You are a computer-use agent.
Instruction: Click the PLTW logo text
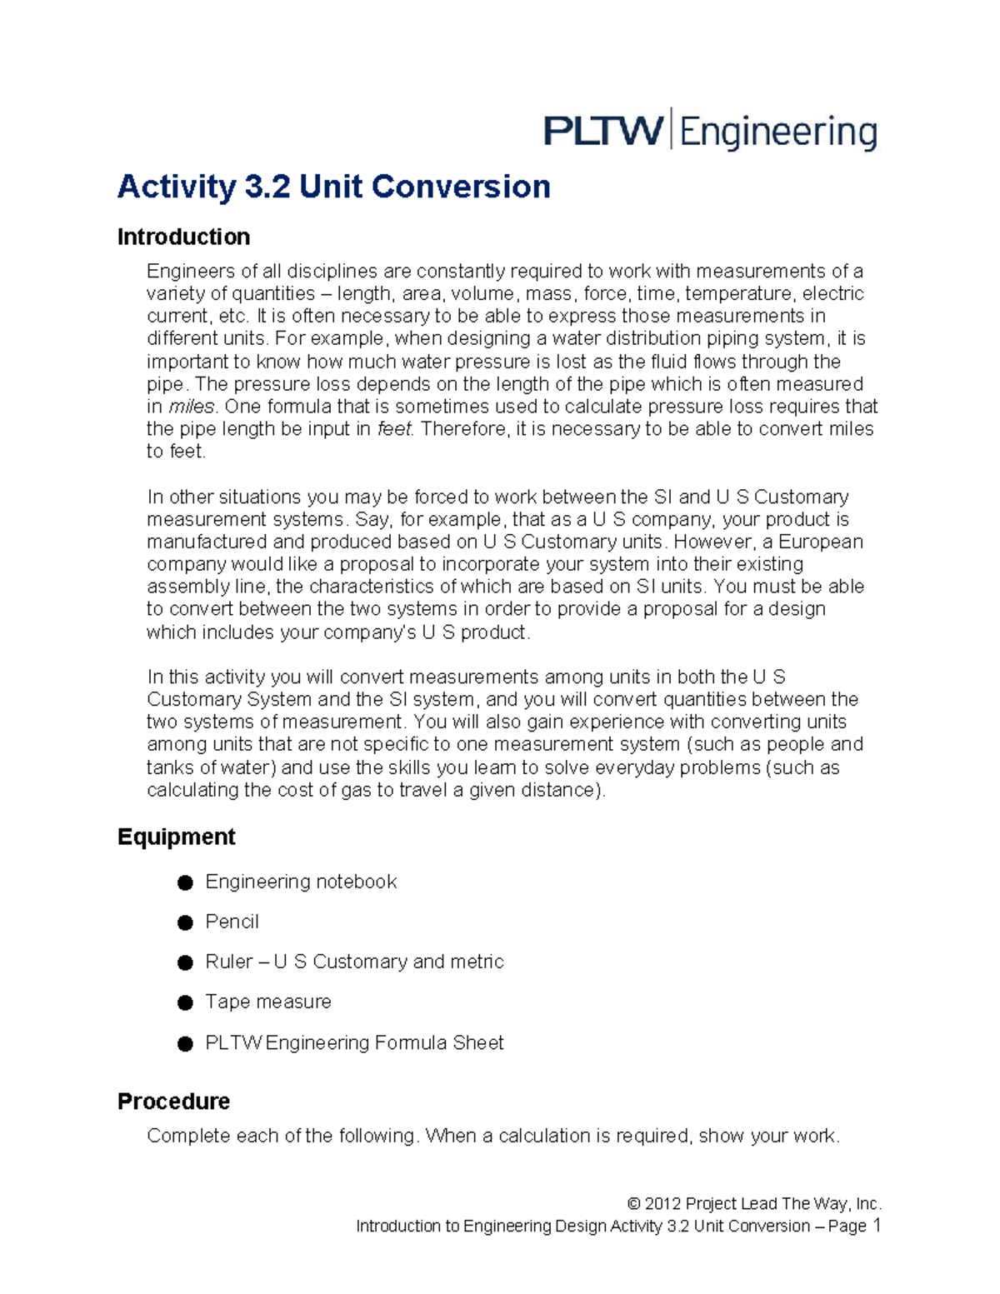(603, 132)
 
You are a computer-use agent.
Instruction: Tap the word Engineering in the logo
(778, 133)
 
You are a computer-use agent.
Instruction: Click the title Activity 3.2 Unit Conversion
(333, 187)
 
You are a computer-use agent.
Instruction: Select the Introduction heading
(183, 237)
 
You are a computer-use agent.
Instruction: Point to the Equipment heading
(176, 837)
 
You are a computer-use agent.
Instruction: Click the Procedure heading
(173, 1102)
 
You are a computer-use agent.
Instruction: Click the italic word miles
(192, 407)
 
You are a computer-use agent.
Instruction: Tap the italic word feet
(394, 429)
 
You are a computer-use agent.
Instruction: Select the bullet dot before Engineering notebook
(185, 882)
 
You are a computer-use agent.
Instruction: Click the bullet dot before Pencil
(185, 922)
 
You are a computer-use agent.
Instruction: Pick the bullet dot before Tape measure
(185, 1002)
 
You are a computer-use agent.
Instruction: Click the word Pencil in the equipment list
(232, 922)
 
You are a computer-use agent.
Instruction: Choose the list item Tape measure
(267, 1002)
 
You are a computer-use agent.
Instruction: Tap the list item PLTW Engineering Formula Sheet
(354, 1043)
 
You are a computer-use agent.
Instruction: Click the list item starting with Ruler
(354, 962)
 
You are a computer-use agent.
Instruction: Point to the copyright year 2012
(662, 1204)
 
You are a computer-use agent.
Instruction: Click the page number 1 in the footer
(876, 1225)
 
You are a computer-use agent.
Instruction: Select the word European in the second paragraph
(820, 542)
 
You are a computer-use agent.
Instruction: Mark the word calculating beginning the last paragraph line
(192, 790)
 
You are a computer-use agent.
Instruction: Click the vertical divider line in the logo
(672, 129)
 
